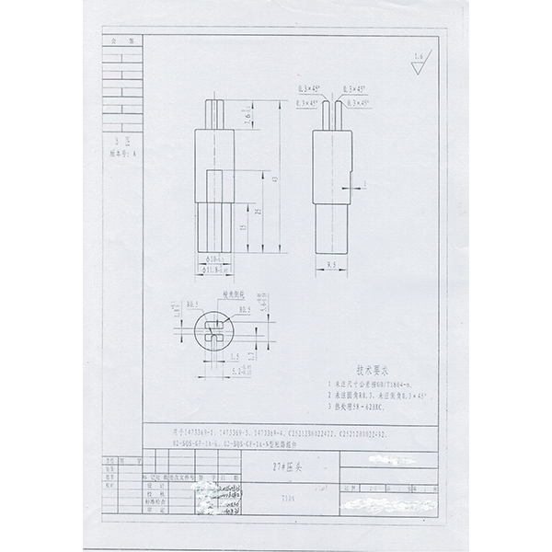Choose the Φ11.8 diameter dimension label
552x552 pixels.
pyautogui.click(x=211, y=272)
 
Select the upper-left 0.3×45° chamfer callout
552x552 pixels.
pyautogui.click(x=307, y=88)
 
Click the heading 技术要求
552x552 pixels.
pyautogui.click(x=355, y=365)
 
